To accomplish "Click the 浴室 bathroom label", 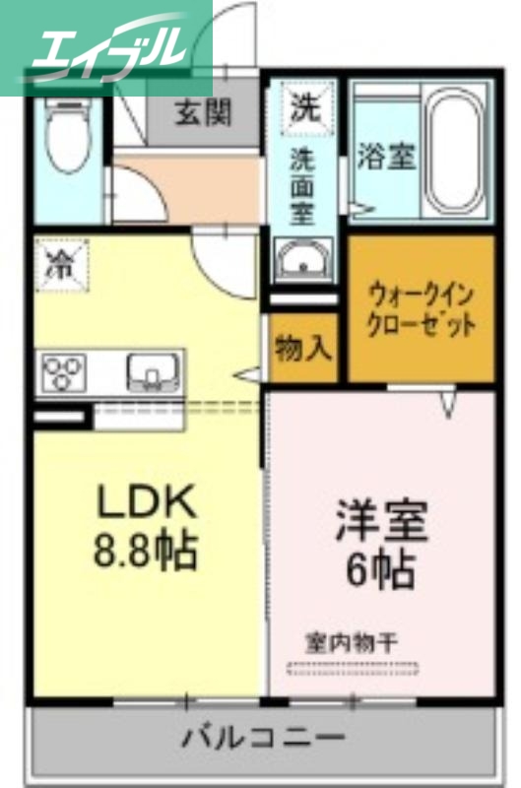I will (x=386, y=157).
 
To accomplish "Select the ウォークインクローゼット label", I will (x=422, y=309).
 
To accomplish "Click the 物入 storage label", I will (x=302, y=349).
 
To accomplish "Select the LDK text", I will (x=146, y=503).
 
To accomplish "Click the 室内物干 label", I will (x=350, y=643).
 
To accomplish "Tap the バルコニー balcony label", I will (x=263, y=737).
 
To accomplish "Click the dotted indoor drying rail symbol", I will (x=351, y=670).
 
